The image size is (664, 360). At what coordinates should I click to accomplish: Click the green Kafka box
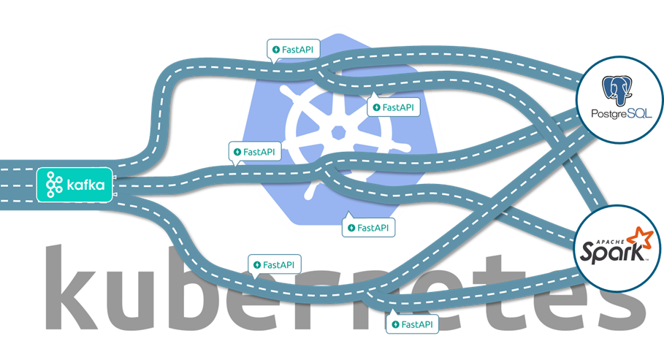pyautogui.click(x=76, y=185)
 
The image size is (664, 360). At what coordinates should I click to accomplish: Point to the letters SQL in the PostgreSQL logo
pyautogui.click(x=636, y=114)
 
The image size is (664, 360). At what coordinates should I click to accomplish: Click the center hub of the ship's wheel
pyautogui.click(x=337, y=132)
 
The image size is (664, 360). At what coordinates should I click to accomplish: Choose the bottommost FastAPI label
pyautogui.click(x=413, y=323)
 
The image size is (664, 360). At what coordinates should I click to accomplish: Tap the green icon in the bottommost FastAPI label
pyautogui.click(x=396, y=323)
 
